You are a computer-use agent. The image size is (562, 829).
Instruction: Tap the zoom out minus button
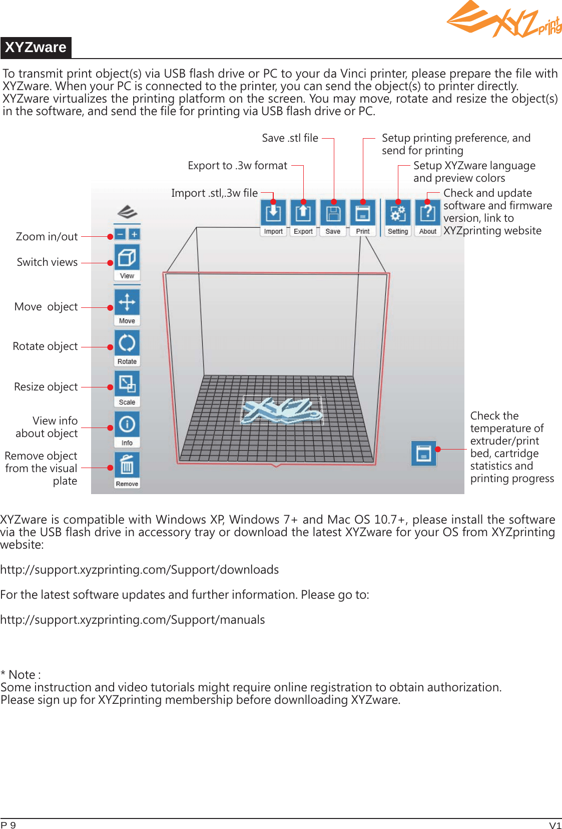(120, 234)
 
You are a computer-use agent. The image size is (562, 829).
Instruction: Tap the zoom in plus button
(134, 234)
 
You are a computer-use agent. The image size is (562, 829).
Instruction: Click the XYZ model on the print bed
(282, 410)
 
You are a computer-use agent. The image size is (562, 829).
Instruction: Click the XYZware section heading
(36, 48)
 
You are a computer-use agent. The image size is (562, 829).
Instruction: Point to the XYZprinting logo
(503, 20)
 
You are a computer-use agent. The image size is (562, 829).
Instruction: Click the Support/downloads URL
(140, 570)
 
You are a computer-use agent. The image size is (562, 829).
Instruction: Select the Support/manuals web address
(133, 620)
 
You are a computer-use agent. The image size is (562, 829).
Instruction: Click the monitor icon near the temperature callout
(424, 454)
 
